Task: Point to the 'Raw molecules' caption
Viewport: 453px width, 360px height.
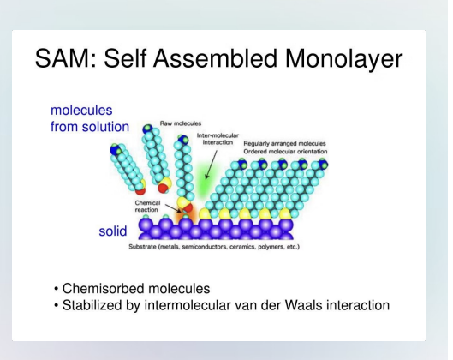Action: (181, 123)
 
